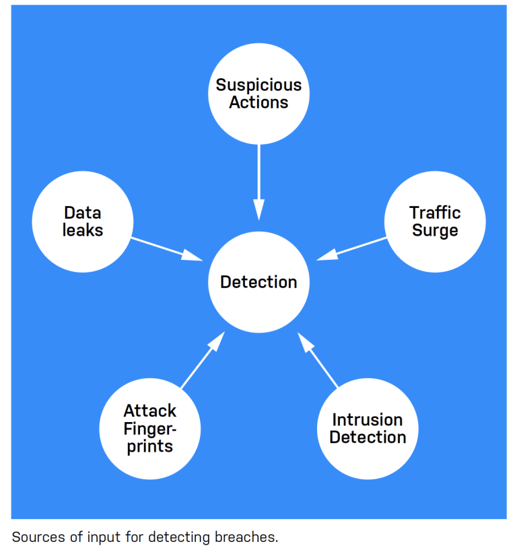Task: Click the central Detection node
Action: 258,282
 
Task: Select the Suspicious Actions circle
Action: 258,94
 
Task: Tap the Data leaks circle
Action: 82,221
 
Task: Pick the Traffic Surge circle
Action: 435,221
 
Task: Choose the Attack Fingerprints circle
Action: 149,429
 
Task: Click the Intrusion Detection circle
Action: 368,429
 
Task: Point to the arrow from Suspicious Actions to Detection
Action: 258,182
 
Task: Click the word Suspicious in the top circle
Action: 258,85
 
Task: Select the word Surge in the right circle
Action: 435,231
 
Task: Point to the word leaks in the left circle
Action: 83,231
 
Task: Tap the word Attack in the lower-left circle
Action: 149,411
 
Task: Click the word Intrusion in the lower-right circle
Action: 368,420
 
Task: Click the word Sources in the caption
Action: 34,537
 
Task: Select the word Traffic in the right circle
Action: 435,213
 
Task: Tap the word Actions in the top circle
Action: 258,103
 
